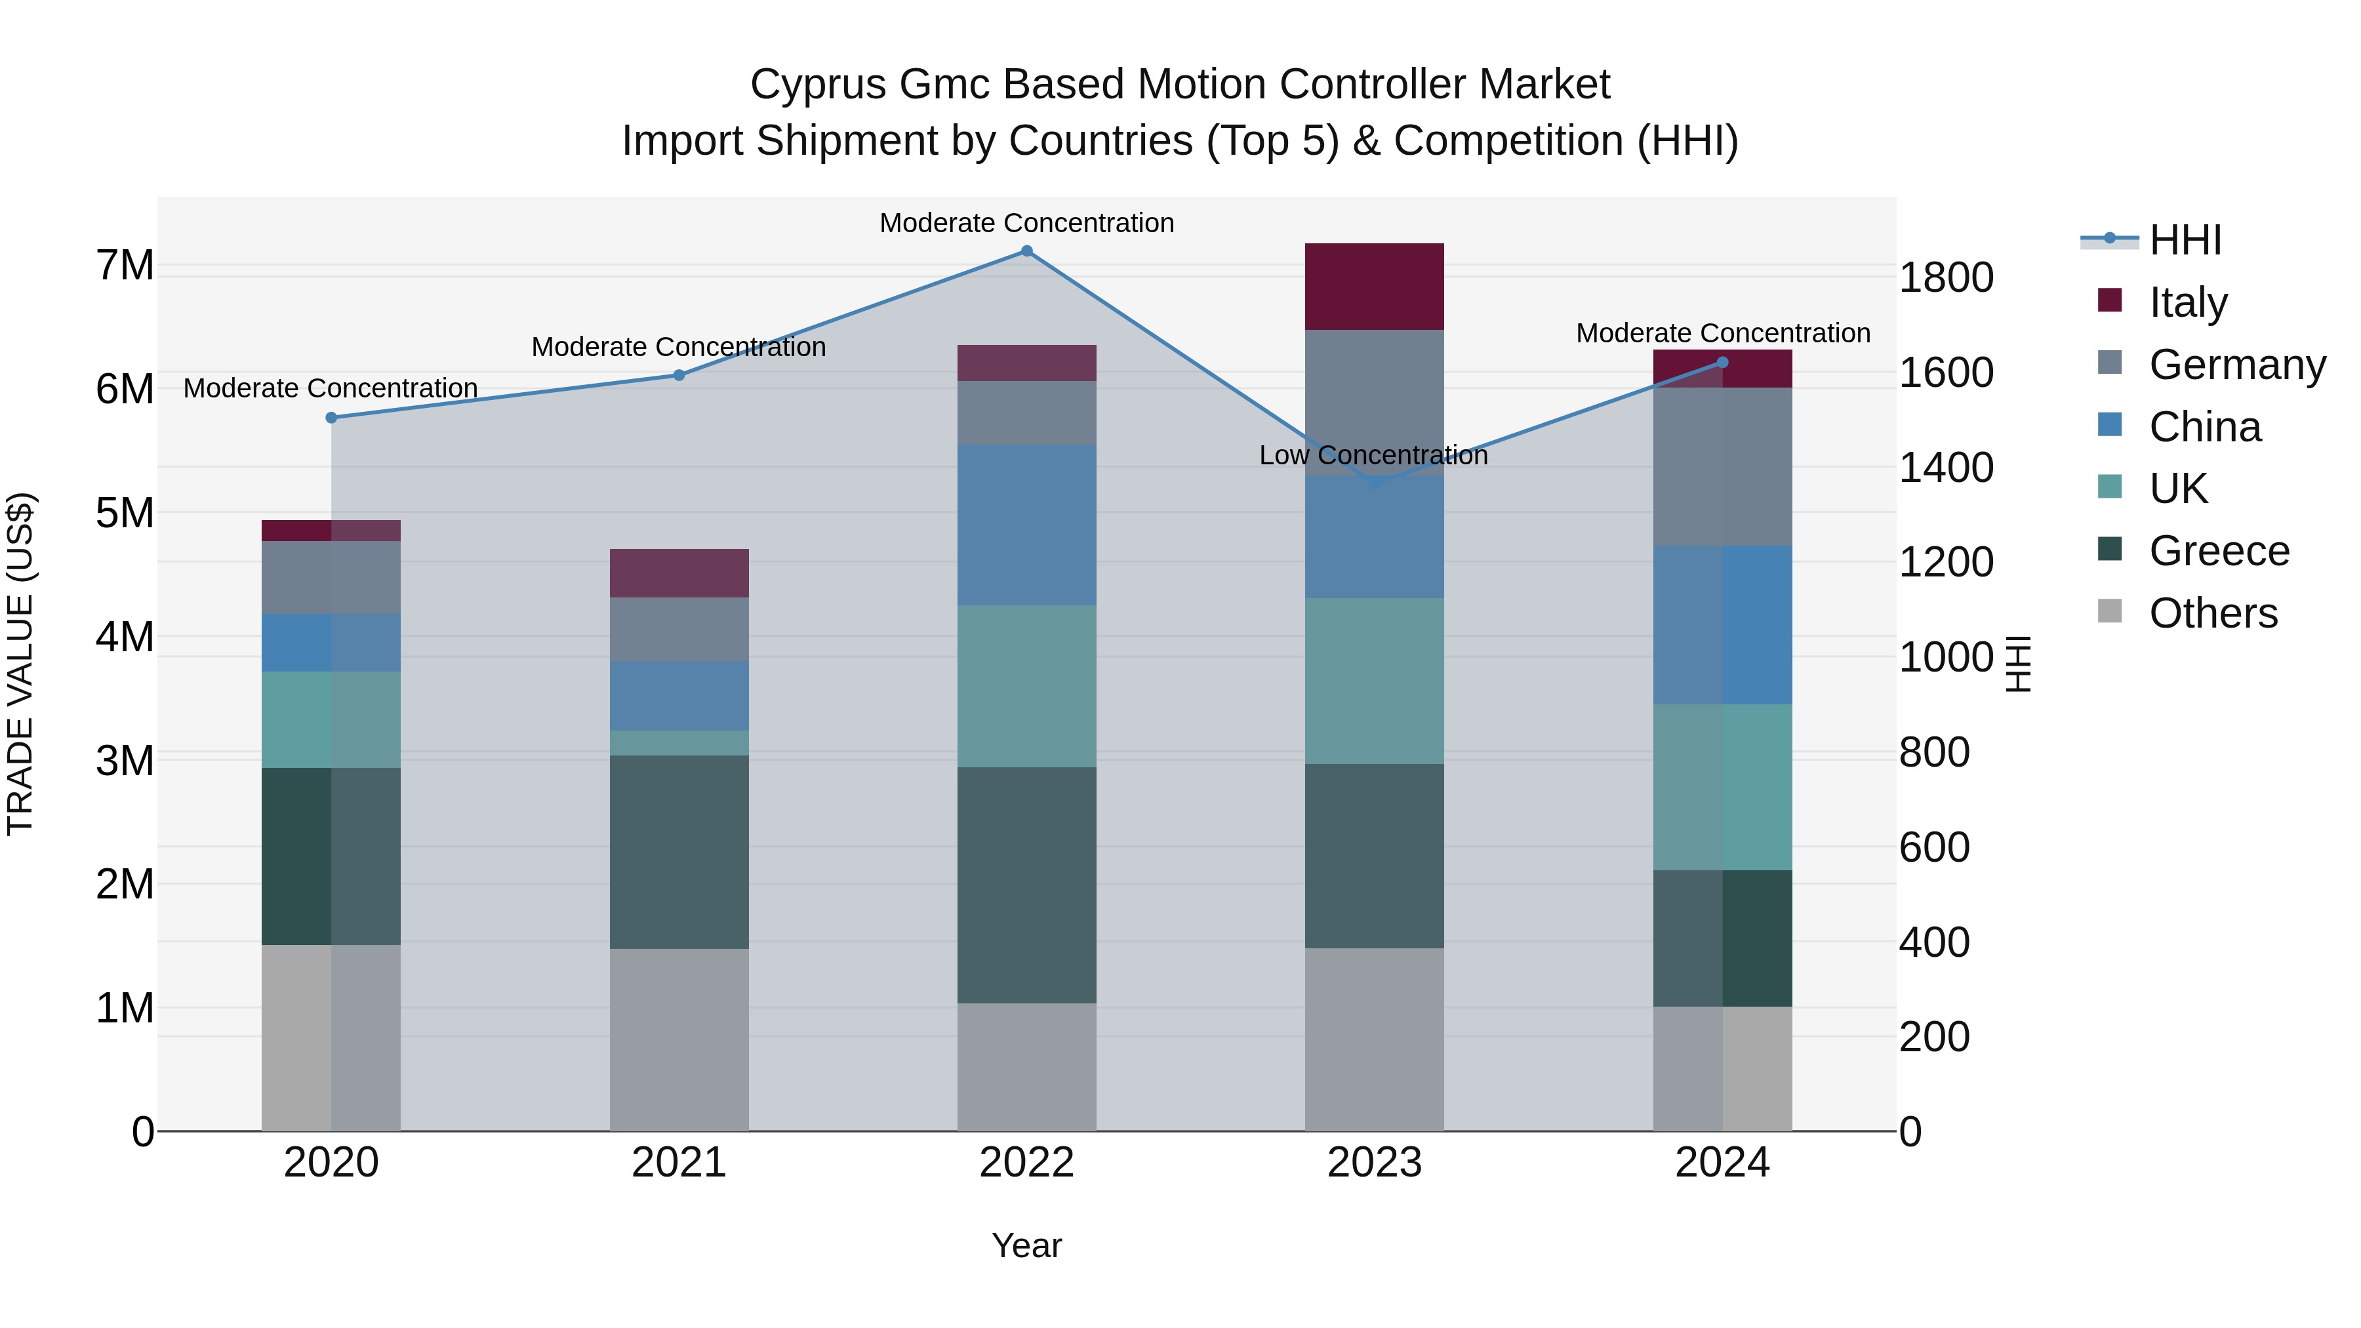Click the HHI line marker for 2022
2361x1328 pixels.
click(x=1026, y=251)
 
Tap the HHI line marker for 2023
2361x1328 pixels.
click(x=1374, y=483)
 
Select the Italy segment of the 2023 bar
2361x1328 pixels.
click(x=1374, y=286)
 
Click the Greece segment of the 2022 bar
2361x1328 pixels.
click(x=1026, y=885)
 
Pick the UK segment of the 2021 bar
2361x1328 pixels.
click(x=679, y=742)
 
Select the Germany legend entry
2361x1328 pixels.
click(x=2236, y=365)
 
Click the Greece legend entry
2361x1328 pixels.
click(x=2218, y=551)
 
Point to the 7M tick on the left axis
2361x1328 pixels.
click(x=125, y=266)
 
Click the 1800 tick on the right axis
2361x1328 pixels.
click(x=1946, y=277)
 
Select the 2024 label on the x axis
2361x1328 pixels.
click(x=1722, y=1163)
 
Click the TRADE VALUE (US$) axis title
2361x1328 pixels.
click(x=20, y=664)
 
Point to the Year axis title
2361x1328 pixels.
click(x=1026, y=1245)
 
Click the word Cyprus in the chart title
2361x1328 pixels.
click(x=818, y=85)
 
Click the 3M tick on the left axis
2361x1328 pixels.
click(x=125, y=761)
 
